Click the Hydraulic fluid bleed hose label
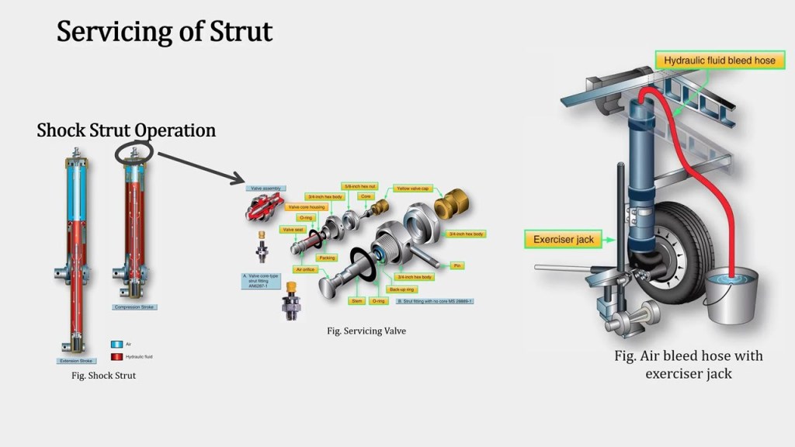[x=719, y=60]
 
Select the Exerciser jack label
[x=564, y=240]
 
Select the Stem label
[x=356, y=300]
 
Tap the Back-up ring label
[x=401, y=289]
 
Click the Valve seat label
[x=293, y=230]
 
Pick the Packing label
[x=327, y=257]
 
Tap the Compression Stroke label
[x=134, y=307]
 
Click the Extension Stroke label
[x=78, y=360]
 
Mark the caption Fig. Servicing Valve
[x=366, y=331]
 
